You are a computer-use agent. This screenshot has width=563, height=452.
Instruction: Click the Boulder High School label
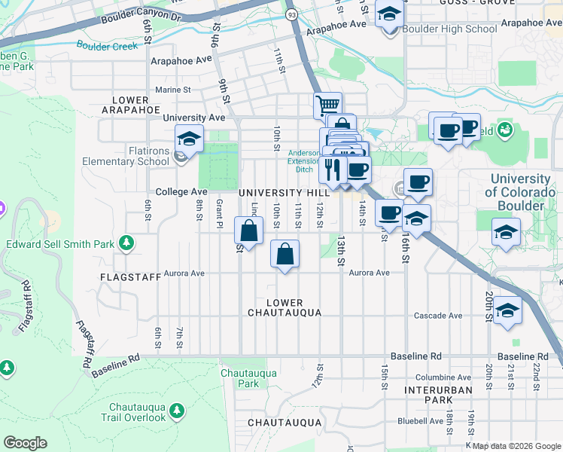coord(450,29)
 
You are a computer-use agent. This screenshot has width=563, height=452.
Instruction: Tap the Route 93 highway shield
coord(291,14)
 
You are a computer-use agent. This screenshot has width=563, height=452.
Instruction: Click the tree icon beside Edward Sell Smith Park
coord(128,243)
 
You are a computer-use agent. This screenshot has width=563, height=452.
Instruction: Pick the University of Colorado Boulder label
coord(520,191)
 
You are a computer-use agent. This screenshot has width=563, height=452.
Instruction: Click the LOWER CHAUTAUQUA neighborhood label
coord(285,307)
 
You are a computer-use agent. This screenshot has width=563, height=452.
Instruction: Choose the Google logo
coord(25,443)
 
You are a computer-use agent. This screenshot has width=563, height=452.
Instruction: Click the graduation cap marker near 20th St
coord(507,310)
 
